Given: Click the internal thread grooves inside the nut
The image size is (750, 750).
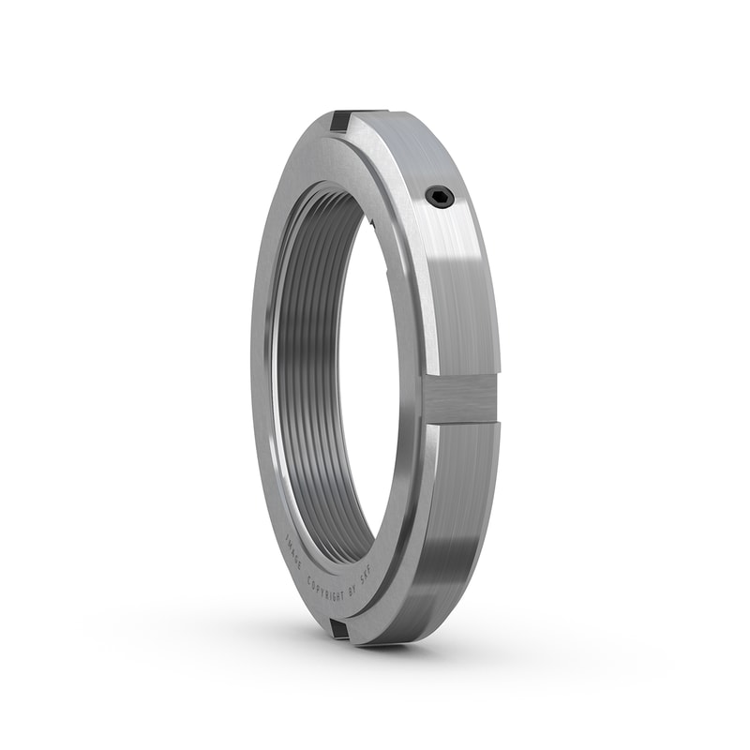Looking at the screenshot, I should pos(309,375).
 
